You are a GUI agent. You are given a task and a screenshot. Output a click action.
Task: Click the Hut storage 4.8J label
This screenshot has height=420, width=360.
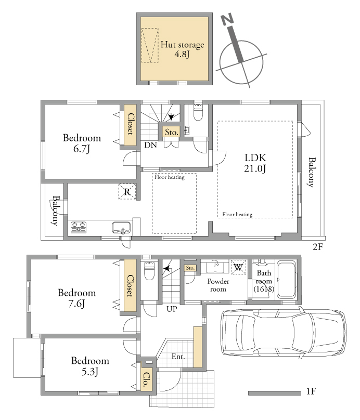pos(182,49)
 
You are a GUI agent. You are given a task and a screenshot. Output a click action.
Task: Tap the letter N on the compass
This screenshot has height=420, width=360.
pos(227,20)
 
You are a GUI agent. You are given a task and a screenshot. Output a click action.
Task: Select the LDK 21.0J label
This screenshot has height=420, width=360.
pos(255,163)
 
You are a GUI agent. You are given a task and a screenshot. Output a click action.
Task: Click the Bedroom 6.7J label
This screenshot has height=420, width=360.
pos(82,143)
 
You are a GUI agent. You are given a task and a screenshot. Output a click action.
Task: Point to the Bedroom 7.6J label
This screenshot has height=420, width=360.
pos(76,298)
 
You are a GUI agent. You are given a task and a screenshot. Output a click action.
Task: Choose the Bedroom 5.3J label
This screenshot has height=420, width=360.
pos(90,366)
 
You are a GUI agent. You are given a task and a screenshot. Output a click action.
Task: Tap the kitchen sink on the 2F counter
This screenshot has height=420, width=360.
pos(122,228)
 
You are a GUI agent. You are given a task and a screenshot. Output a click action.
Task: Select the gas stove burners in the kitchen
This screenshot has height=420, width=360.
pos(79,227)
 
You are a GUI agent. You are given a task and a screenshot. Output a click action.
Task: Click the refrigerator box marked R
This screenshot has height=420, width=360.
pos(127,191)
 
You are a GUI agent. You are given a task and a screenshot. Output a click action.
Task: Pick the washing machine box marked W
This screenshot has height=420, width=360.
pos(238,267)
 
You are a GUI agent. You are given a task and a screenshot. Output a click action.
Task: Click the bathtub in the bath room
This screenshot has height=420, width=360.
pos(286,280)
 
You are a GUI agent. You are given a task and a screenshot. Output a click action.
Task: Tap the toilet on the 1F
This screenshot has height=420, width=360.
pos(149,271)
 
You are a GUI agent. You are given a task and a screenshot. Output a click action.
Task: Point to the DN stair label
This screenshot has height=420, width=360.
pos(150,145)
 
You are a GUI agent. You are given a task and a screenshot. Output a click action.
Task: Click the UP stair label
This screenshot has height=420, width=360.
pos(172,309)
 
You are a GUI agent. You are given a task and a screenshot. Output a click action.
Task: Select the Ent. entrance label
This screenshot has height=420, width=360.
pos(178,357)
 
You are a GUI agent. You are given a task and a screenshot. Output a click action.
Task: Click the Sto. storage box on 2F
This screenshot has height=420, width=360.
pos(171,133)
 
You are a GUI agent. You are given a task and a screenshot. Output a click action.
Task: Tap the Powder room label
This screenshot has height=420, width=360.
pos(218,285)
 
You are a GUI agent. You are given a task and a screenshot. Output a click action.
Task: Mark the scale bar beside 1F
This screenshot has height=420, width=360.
pos(275,393)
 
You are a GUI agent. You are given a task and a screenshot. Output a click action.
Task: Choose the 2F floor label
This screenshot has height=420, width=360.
pos(318,247)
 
